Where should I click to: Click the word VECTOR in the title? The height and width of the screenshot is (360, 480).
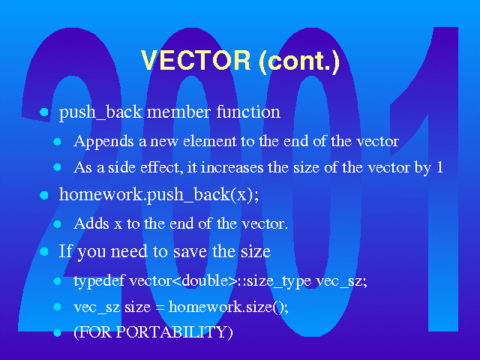pos(196,60)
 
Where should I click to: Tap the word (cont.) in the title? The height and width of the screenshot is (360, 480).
pos(299,61)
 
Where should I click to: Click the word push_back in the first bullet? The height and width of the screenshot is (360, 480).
pos(100,112)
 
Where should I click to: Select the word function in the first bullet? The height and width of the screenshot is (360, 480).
pos(248,112)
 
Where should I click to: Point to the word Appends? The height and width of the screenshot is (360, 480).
pos(103,142)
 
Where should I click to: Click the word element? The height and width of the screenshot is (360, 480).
pos(210,141)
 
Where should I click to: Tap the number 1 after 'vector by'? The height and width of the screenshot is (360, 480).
pos(439,167)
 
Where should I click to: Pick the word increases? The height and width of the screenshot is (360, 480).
pos(232,167)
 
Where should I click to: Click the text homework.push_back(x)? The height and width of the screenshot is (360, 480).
pos(159,195)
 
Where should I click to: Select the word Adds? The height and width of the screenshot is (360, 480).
pos(91,223)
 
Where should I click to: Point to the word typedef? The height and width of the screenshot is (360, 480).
pos(99,281)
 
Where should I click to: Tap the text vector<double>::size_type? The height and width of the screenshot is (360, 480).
pos(220,281)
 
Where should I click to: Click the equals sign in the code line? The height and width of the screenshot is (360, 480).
pos(160,307)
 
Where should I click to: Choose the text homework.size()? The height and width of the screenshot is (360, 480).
pos(228,307)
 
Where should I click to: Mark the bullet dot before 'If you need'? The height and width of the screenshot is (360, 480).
pos(44,252)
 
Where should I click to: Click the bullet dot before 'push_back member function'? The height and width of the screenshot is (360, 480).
pos(44,112)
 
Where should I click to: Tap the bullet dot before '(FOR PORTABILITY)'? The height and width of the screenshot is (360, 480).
pos(57,333)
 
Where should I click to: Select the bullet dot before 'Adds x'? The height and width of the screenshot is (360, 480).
pos(57,224)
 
